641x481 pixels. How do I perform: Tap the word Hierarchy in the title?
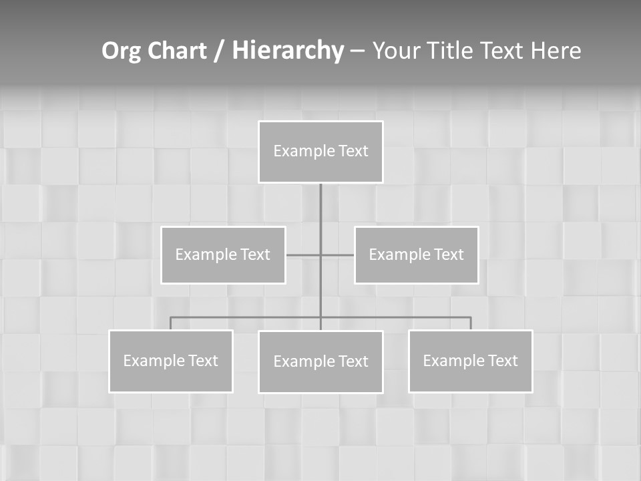point(288,51)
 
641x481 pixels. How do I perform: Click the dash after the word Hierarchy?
point(357,51)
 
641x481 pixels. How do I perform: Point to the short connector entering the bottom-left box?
point(171,323)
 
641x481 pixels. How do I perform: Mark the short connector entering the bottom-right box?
point(470,323)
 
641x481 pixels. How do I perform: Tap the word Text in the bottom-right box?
point(502,361)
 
